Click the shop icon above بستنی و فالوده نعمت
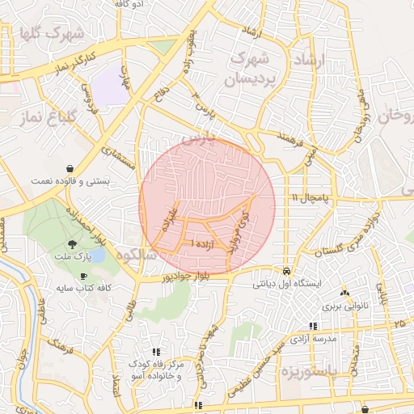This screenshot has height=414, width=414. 73,167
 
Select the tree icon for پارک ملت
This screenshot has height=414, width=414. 73,243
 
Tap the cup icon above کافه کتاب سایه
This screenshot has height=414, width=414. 84,276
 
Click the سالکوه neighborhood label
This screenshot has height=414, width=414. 136,255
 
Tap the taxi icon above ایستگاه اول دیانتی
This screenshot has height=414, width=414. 288,270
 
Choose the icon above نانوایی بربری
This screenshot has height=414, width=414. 345,293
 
